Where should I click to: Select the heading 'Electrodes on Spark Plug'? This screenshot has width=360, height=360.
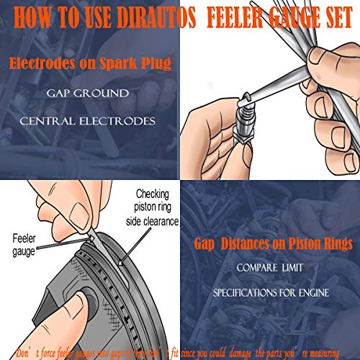(89, 66)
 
